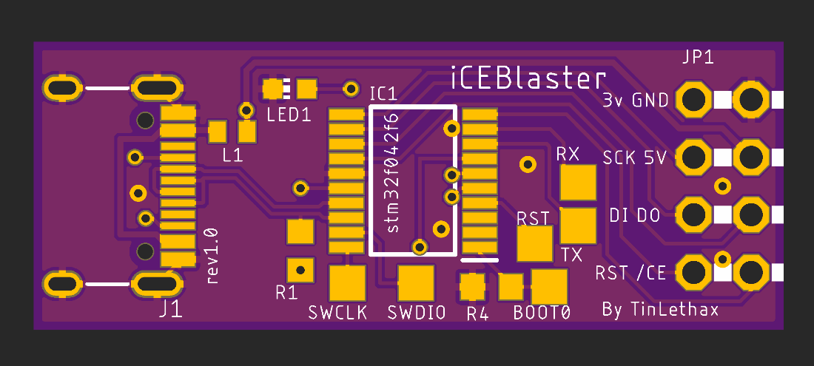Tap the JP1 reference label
699,58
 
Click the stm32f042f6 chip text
393,172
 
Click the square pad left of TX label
534,243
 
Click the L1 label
232,155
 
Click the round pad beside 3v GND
693,99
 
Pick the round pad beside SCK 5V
693,157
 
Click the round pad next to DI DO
693,215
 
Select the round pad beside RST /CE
693,273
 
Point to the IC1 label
383,94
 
